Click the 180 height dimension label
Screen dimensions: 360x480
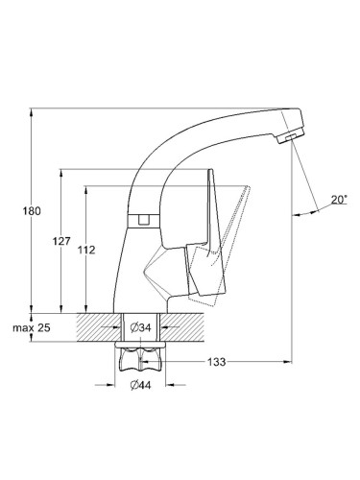pos(32,211)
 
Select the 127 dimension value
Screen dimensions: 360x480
pos(61,241)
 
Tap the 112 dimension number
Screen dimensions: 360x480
pos(86,250)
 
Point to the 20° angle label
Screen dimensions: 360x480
pos(339,200)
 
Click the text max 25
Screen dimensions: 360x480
pos(32,327)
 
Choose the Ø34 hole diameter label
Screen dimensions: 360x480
pos(140,327)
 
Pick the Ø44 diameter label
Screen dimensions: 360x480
pos(140,385)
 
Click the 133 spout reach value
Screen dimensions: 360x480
pos(217,362)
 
